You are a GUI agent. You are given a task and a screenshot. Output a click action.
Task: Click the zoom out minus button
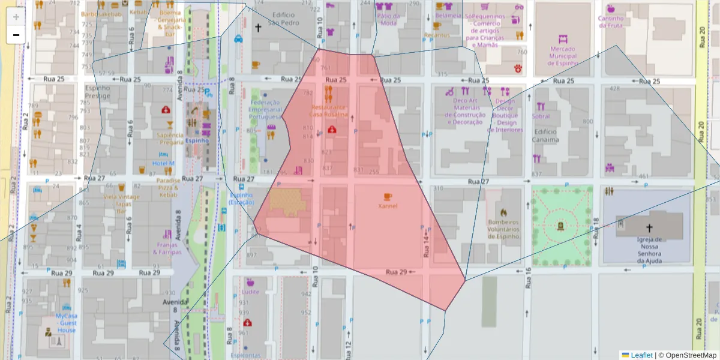coord(16,35)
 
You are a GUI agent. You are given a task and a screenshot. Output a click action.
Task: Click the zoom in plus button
coord(16,17)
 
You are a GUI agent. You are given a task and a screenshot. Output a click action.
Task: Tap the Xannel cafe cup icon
coord(388,196)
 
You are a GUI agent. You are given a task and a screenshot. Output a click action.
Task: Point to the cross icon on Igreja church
coord(649,228)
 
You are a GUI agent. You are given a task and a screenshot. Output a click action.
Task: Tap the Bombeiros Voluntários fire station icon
coord(503,212)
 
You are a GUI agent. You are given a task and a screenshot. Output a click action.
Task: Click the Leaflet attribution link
coord(641,355)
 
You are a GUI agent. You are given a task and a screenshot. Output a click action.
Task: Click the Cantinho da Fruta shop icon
coord(611,9)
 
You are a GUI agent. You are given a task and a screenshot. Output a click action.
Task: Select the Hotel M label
coord(163,163)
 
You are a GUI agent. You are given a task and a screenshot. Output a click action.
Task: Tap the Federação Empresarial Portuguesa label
coord(266,109)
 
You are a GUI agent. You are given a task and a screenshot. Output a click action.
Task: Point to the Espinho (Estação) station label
coord(241,199)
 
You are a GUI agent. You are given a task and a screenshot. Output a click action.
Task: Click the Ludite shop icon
coord(250,282)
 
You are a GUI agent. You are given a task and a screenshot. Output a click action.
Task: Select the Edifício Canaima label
coord(545,136)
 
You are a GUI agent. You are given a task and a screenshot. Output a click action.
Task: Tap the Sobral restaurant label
coord(541,116)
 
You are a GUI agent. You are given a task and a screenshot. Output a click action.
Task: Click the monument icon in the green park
coord(560,226)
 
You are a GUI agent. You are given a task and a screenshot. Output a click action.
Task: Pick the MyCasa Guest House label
coord(67,323)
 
